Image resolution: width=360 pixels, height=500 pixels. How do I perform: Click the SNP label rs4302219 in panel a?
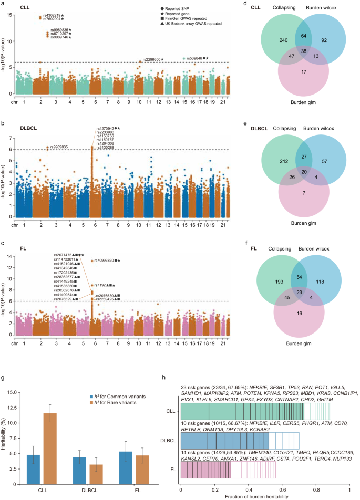[x=53, y=15]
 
